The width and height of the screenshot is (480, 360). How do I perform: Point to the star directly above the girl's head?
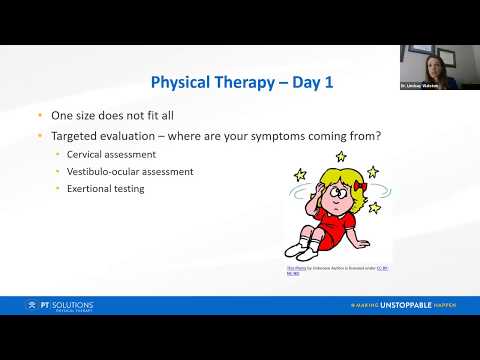tap(340, 157)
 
